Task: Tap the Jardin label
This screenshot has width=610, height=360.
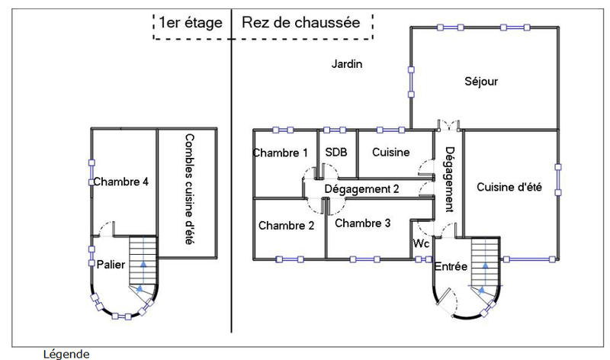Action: click(346, 64)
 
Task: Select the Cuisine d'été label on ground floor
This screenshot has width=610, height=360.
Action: click(509, 188)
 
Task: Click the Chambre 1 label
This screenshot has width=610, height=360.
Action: click(281, 153)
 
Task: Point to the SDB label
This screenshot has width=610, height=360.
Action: click(336, 153)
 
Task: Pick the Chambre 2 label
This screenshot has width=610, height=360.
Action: click(286, 225)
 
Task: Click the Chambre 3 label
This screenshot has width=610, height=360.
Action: click(363, 223)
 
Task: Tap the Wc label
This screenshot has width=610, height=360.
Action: click(421, 243)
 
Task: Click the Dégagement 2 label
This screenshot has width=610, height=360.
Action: click(362, 188)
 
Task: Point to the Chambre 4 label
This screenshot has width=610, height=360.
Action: click(121, 182)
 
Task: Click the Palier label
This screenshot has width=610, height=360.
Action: click(111, 263)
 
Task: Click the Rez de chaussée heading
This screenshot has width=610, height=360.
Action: click(300, 23)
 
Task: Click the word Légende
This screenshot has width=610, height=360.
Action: click(66, 354)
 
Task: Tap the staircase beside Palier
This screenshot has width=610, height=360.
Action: click(143, 263)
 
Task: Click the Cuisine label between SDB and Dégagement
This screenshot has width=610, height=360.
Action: click(391, 153)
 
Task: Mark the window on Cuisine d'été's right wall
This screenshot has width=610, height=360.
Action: click(558, 178)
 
